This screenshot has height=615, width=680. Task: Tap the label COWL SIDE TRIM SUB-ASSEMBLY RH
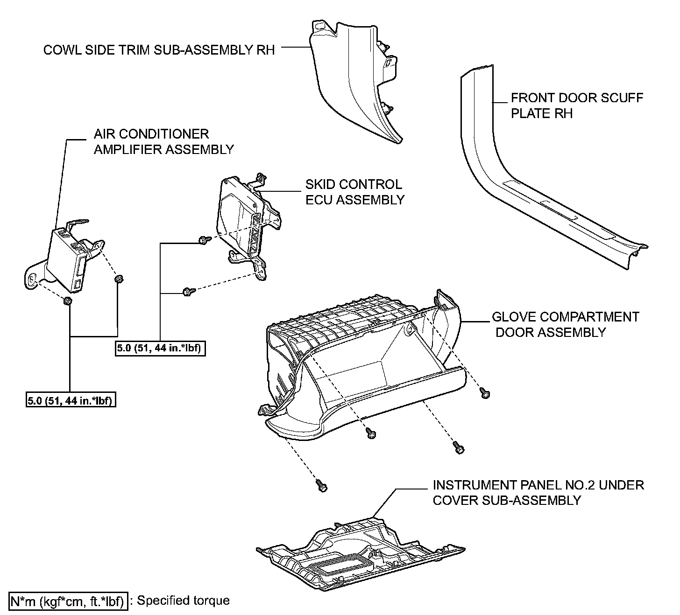pyautogui.click(x=159, y=50)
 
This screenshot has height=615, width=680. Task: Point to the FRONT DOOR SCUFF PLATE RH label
pyautogui.click(x=576, y=105)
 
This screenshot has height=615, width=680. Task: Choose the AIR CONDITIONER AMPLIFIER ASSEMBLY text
pyautogui.click(x=163, y=142)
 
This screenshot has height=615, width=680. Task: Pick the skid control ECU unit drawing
pyautogui.click(x=243, y=219)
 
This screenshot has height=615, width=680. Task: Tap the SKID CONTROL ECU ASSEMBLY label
pyautogui.click(x=354, y=192)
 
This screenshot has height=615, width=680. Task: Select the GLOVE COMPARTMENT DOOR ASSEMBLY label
pyautogui.click(x=565, y=324)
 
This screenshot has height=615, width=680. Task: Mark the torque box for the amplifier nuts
pyautogui.click(x=71, y=400)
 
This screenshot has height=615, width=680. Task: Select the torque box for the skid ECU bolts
pyautogui.click(x=160, y=349)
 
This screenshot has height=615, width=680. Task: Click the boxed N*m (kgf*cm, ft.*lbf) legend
pyautogui.click(x=68, y=601)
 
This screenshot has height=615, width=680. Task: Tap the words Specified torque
pyautogui.click(x=183, y=600)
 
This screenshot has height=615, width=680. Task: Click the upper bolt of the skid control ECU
pyautogui.click(x=204, y=239)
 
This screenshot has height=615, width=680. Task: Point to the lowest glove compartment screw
pyautogui.click(x=321, y=485)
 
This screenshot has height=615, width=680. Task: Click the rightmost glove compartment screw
pyautogui.click(x=485, y=393)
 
